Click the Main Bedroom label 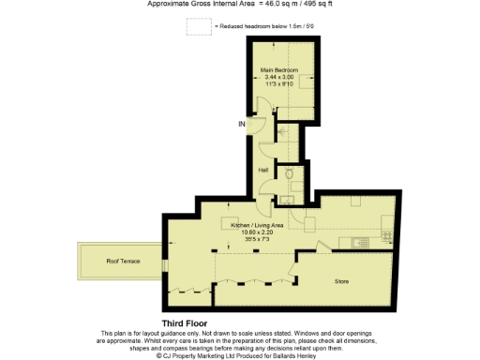click(x=279, y=70)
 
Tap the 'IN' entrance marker click(x=241, y=124)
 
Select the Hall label click(x=265, y=170)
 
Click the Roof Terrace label click(x=123, y=262)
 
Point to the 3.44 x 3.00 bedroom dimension click(x=279, y=78)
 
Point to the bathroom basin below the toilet click(x=285, y=197)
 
